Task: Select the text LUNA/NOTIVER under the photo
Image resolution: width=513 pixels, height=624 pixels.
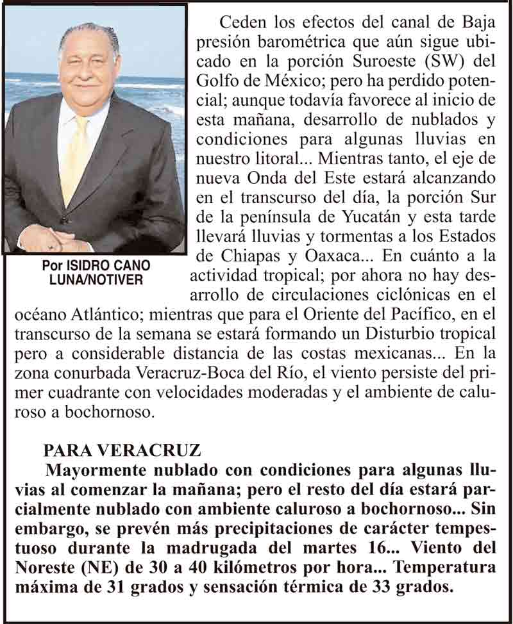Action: click(x=97, y=280)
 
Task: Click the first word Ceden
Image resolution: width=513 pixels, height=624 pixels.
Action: click(x=242, y=23)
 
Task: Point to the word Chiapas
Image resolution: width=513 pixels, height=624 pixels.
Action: click(x=253, y=255)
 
